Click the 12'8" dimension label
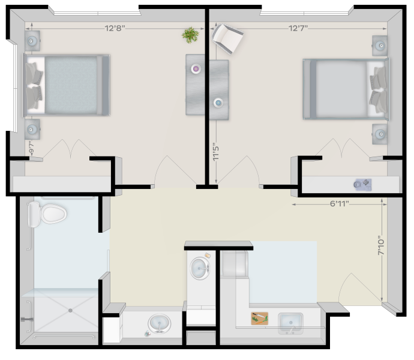[115, 28]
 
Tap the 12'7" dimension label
[298, 28]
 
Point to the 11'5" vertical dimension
[216, 153]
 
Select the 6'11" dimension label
[339, 203]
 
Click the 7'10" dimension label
[381, 245]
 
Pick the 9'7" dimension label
[31, 148]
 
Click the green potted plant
[190, 35]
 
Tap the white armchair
[227, 38]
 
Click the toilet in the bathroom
[47, 214]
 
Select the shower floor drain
[70, 311]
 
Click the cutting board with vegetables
[259, 318]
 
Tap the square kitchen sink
[290, 323]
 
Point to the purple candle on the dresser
[196, 69]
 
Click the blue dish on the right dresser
[218, 103]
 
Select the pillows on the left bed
[34, 86]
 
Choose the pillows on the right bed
[378, 90]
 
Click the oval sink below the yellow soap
[200, 268]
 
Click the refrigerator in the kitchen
[234, 263]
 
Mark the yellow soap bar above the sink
[208, 256]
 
